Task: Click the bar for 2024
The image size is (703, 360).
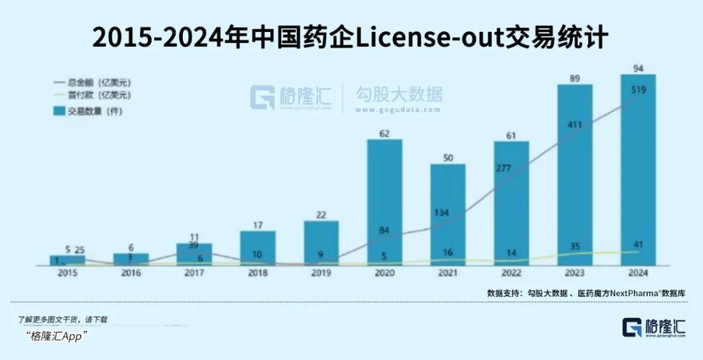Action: [637, 169]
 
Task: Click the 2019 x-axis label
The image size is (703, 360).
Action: [321, 274]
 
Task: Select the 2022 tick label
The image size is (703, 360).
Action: [512, 274]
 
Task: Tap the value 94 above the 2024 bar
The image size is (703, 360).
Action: [638, 68]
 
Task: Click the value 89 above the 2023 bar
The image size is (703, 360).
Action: [574, 78]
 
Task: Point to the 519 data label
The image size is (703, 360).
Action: [638, 90]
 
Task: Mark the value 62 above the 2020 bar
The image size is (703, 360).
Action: [384, 133]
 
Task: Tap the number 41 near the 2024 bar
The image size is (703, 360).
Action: [639, 245]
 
